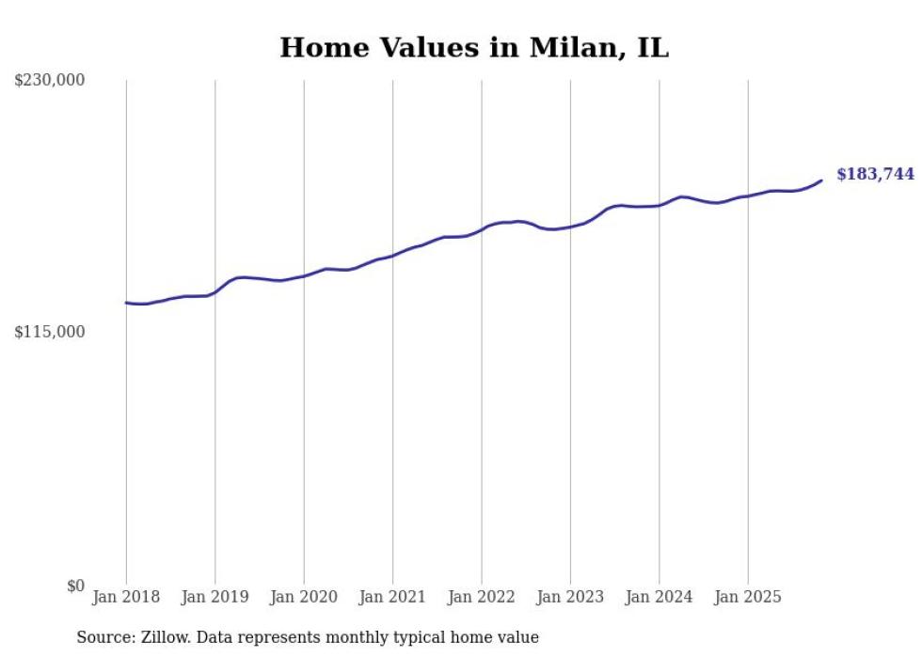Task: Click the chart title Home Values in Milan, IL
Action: pyautogui.click(x=474, y=48)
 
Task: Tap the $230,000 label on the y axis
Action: pyautogui.click(x=50, y=81)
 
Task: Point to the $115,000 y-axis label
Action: pyautogui.click(x=50, y=332)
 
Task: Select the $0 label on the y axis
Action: pyautogui.click(x=75, y=586)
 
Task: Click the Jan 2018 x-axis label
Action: pyautogui.click(x=126, y=597)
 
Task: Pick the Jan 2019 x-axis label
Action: pyautogui.click(x=215, y=597)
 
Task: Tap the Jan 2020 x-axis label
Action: pyautogui.click(x=304, y=597)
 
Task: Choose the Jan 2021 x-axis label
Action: pyautogui.click(x=392, y=597)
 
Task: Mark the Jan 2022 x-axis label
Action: pyautogui.click(x=482, y=597)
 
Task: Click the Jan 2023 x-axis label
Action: pyautogui.click(x=570, y=597)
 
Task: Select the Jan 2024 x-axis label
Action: pyautogui.click(x=660, y=597)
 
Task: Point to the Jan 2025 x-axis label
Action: pyautogui.click(x=748, y=597)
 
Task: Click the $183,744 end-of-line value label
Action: pyautogui.click(x=875, y=174)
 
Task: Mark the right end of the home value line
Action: pyautogui.click(x=821, y=180)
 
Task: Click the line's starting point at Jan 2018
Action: pyautogui.click(x=126, y=303)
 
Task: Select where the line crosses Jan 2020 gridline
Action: pyautogui.click(x=304, y=275)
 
